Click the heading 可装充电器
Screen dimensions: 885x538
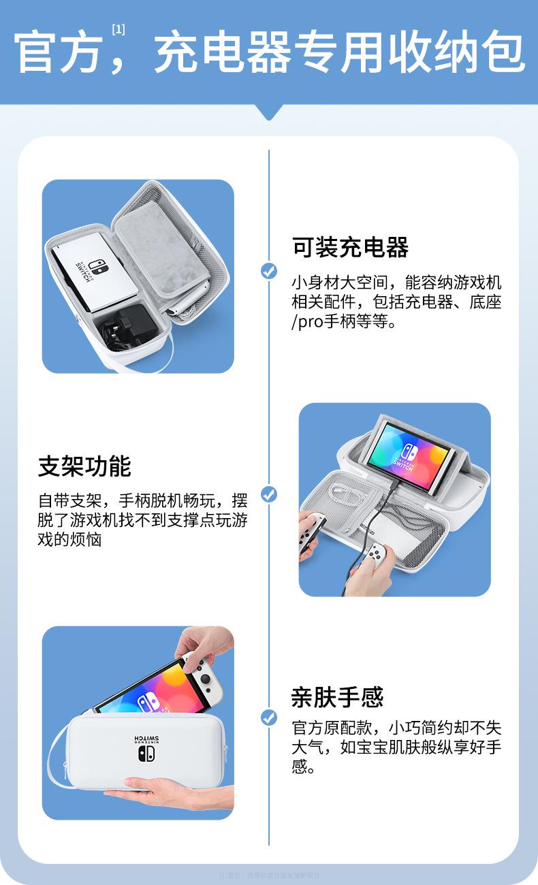350,247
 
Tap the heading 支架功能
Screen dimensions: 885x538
84,466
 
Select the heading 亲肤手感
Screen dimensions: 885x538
337,696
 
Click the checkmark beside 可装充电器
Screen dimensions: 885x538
269,271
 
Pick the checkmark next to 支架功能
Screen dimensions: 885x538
269,494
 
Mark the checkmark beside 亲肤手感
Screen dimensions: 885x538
269,717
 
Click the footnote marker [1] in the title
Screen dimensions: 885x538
118,29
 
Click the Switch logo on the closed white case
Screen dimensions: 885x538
146,754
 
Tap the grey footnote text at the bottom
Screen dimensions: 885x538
269,875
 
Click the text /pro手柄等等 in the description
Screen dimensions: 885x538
344,321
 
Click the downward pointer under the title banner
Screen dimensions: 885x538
269,113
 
